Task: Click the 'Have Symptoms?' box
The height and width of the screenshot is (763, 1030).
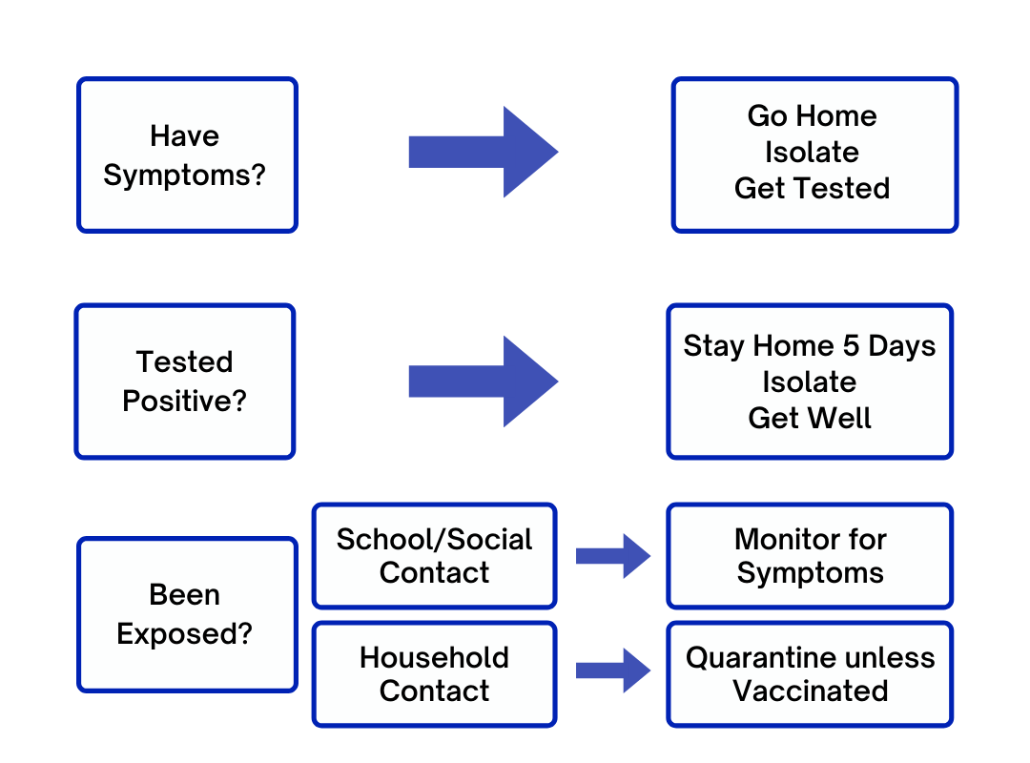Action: (x=187, y=155)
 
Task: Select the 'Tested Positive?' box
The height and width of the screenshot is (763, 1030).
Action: (x=185, y=381)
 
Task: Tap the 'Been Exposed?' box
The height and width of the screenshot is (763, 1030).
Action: (x=187, y=614)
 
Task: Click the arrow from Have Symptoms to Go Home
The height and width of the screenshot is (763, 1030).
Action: (x=484, y=152)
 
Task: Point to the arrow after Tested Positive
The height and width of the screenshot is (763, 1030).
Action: (x=484, y=381)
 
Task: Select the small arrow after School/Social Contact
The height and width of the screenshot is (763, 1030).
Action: (x=613, y=556)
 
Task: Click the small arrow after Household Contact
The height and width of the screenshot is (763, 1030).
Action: (x=613, y=670)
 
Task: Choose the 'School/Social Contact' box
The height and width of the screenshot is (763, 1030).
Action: (x=434, y=556)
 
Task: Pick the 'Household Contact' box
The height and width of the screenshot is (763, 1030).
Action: (x=434, y=674)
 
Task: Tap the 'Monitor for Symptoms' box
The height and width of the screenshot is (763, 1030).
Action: (x=810, y=556)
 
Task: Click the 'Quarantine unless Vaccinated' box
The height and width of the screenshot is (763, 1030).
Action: (x=810, y=674)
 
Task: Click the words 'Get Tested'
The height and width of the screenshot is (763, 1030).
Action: (x=812, y=189)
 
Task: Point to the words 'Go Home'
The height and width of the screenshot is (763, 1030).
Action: (x=812, y=116)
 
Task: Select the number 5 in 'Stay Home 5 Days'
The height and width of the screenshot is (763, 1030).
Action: (x=851, y=345)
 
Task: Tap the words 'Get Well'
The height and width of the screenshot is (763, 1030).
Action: (x=810, y=418)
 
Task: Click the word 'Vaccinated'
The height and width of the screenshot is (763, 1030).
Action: (x=810, y=691)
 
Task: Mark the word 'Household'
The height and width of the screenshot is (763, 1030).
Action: (x=434, y=658)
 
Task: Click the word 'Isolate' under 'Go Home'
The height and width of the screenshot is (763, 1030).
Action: (x=812, y=153)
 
